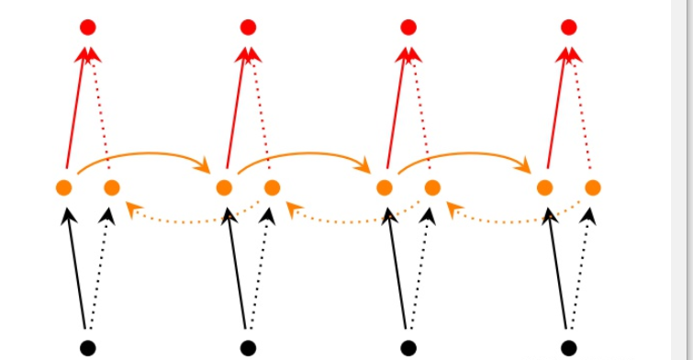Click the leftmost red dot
pyautogui.click(x=87, y=28)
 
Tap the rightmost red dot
pyautogui.click(x=569, y=28)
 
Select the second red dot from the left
pyautogui.click(x=248, y=28)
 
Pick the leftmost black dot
pyautogui.click(x=87, y=347)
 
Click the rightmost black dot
pyautogui.click(x=569, y=347)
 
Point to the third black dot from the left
pyautogui.click(x=408, y=347)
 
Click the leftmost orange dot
pyautogui.click(x=63, y=188)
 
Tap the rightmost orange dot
pyautogui.click(x=593, y=188)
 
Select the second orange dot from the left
pyautogui.click(x=112, y=188)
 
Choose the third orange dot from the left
pyautogui.click(x=224, y=188)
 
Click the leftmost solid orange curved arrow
pyautogui.click(x=144, y=156)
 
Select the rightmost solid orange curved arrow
pyautogui.click(x=465, y=156)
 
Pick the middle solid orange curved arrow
pyautogui.click(x=305, y=156)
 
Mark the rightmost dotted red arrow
pyautogui.click(x=580, y=110)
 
